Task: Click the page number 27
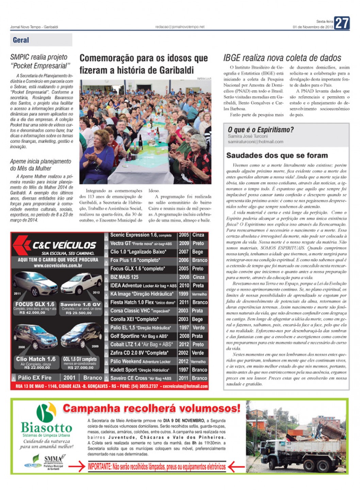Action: point(342,23)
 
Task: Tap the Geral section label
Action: point(21,40)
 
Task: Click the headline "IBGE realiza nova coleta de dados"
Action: point(282,58)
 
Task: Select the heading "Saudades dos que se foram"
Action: point(277,156)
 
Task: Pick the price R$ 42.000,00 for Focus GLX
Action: point(32,312)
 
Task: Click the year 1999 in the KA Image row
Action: point(183,294)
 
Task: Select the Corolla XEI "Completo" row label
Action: point(134,319)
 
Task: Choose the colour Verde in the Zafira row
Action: point(197,353)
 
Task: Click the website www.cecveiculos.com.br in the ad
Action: point(58,265)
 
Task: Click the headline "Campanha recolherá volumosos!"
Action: point(151,408)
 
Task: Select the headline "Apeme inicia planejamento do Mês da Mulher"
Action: point(40,165)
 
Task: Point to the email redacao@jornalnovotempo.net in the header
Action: point(180,27)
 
